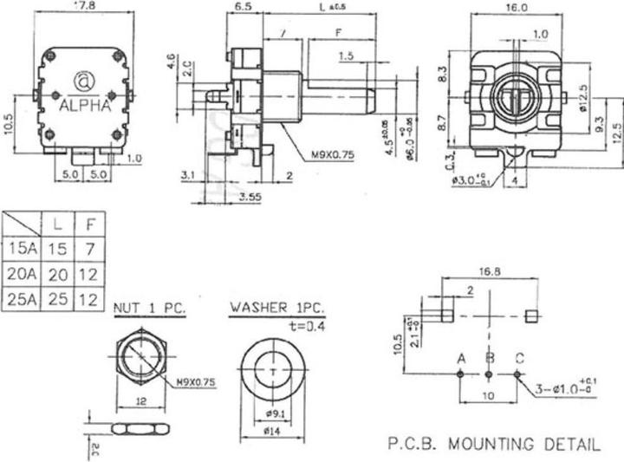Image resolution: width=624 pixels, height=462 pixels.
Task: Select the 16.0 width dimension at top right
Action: pos(517,8)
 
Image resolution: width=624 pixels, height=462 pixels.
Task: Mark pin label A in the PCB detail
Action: pos(461,358)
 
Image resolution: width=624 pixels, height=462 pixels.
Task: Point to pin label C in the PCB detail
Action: pos(519,358)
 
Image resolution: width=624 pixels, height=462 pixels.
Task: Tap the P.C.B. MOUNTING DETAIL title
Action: pos(492,445)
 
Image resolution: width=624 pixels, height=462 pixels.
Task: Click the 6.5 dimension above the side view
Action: pos(243,8)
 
